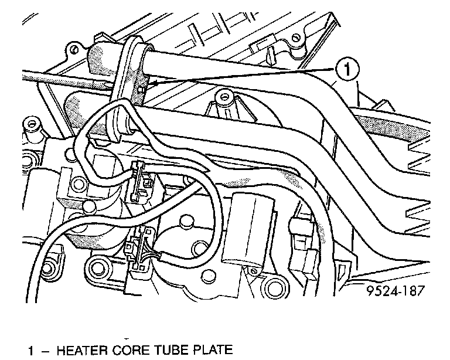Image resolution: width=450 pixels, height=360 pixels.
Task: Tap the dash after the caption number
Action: pyautogui.click(x=45, y=351)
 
